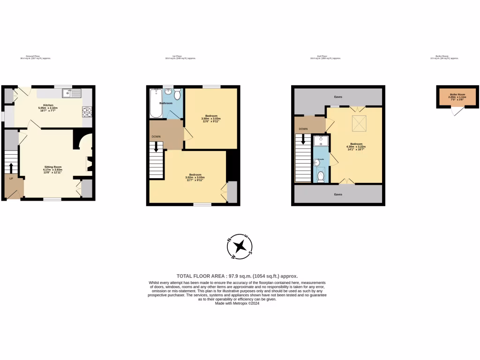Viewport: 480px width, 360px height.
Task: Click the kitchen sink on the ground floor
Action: pyautogui.click(x=74, y=93)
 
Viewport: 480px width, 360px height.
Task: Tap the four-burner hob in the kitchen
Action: pyautogui.click(x=87, y=112)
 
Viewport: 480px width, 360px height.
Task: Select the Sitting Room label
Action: pyautogui.click(x=53, y=169)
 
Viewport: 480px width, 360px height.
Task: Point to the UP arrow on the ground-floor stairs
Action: pyautogui.click(x=11, y=167)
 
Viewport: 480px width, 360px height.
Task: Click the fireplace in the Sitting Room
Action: pyautogui.click(x=88, y=164)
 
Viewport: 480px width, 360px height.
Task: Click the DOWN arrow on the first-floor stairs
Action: pyautogui.click(x=157, y=147)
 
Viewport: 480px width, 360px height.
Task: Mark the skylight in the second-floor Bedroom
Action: pyautogui.click(x=360, y=124)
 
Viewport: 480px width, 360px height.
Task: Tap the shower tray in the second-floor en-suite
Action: pyautogui.click(x=321, y=141)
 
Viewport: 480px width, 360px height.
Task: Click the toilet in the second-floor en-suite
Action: pyautogui.click(x=321, y=176)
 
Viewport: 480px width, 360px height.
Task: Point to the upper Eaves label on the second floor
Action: pyautogui.click(x=338, y=97)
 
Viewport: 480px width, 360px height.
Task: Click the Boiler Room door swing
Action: pyautogui.click(x=457, y=112)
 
